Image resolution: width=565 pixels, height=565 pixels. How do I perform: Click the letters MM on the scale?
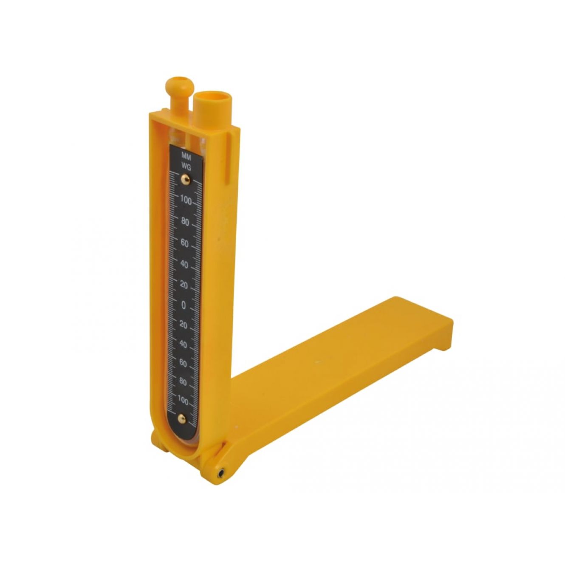[x=186, y=156]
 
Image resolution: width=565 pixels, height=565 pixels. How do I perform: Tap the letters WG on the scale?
[x=186, y=167]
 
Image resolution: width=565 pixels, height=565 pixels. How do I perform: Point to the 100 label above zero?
[x=186, y=200]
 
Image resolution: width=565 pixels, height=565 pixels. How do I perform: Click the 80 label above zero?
[x=185, y=222]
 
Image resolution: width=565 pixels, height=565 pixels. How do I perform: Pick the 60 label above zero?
[x=185, y=243]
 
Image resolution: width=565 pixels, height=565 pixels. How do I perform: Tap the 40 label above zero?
[x=184, y=264]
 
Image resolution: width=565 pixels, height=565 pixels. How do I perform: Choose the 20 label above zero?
[x=184, y=285]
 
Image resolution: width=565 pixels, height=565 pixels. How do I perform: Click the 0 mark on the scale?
[x=184, y=305]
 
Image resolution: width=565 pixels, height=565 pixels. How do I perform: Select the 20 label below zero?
[x=184, y=325]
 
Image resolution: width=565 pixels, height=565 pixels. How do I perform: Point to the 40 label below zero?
[x=183, y=344]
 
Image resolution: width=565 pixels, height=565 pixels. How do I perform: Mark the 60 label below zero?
[x=183, y=363]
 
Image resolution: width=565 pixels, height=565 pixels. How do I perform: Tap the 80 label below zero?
[x=183, y=382]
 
